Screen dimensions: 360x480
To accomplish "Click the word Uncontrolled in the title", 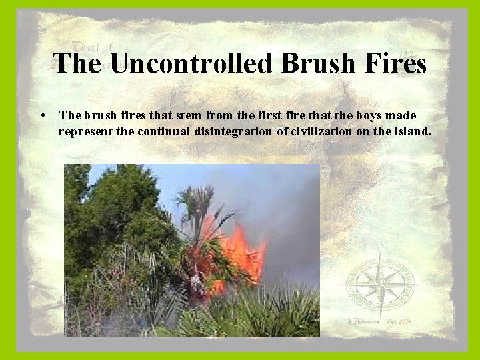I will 193,63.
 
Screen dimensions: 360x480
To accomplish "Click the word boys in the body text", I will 367,116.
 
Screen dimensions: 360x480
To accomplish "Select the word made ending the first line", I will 401,116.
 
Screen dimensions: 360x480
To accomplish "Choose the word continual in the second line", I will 164,131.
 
